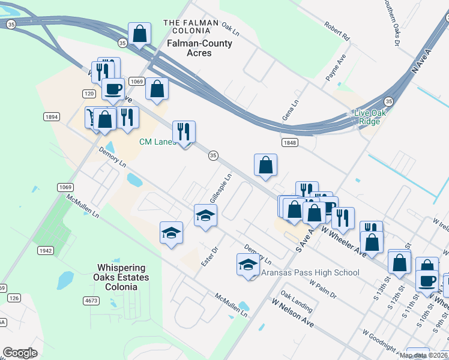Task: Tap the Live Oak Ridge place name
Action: click(x=369, y=117)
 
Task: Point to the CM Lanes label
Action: click(x=157, y=142)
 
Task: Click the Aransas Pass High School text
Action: click(x=310, y=272)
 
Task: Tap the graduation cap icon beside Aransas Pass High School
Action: click(x=248, y=265)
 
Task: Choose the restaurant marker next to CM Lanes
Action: click(x=184, y=131)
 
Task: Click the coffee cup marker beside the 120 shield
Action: click(x=113, y=90)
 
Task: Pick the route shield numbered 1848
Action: click(x=289, y=142)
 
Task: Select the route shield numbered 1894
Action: click(x=51, y=117)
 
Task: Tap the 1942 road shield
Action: click(x=45, y=250)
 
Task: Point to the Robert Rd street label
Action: click(x=337, y=32)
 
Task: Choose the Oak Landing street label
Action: click(x=297, y=302)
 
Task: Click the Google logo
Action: click(x=20, y=353)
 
